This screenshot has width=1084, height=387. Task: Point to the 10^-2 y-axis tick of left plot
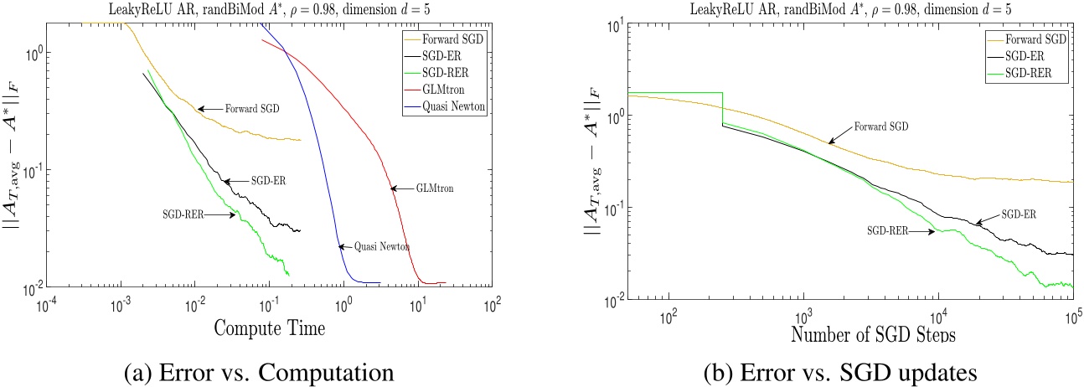click(x=27, y=290)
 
